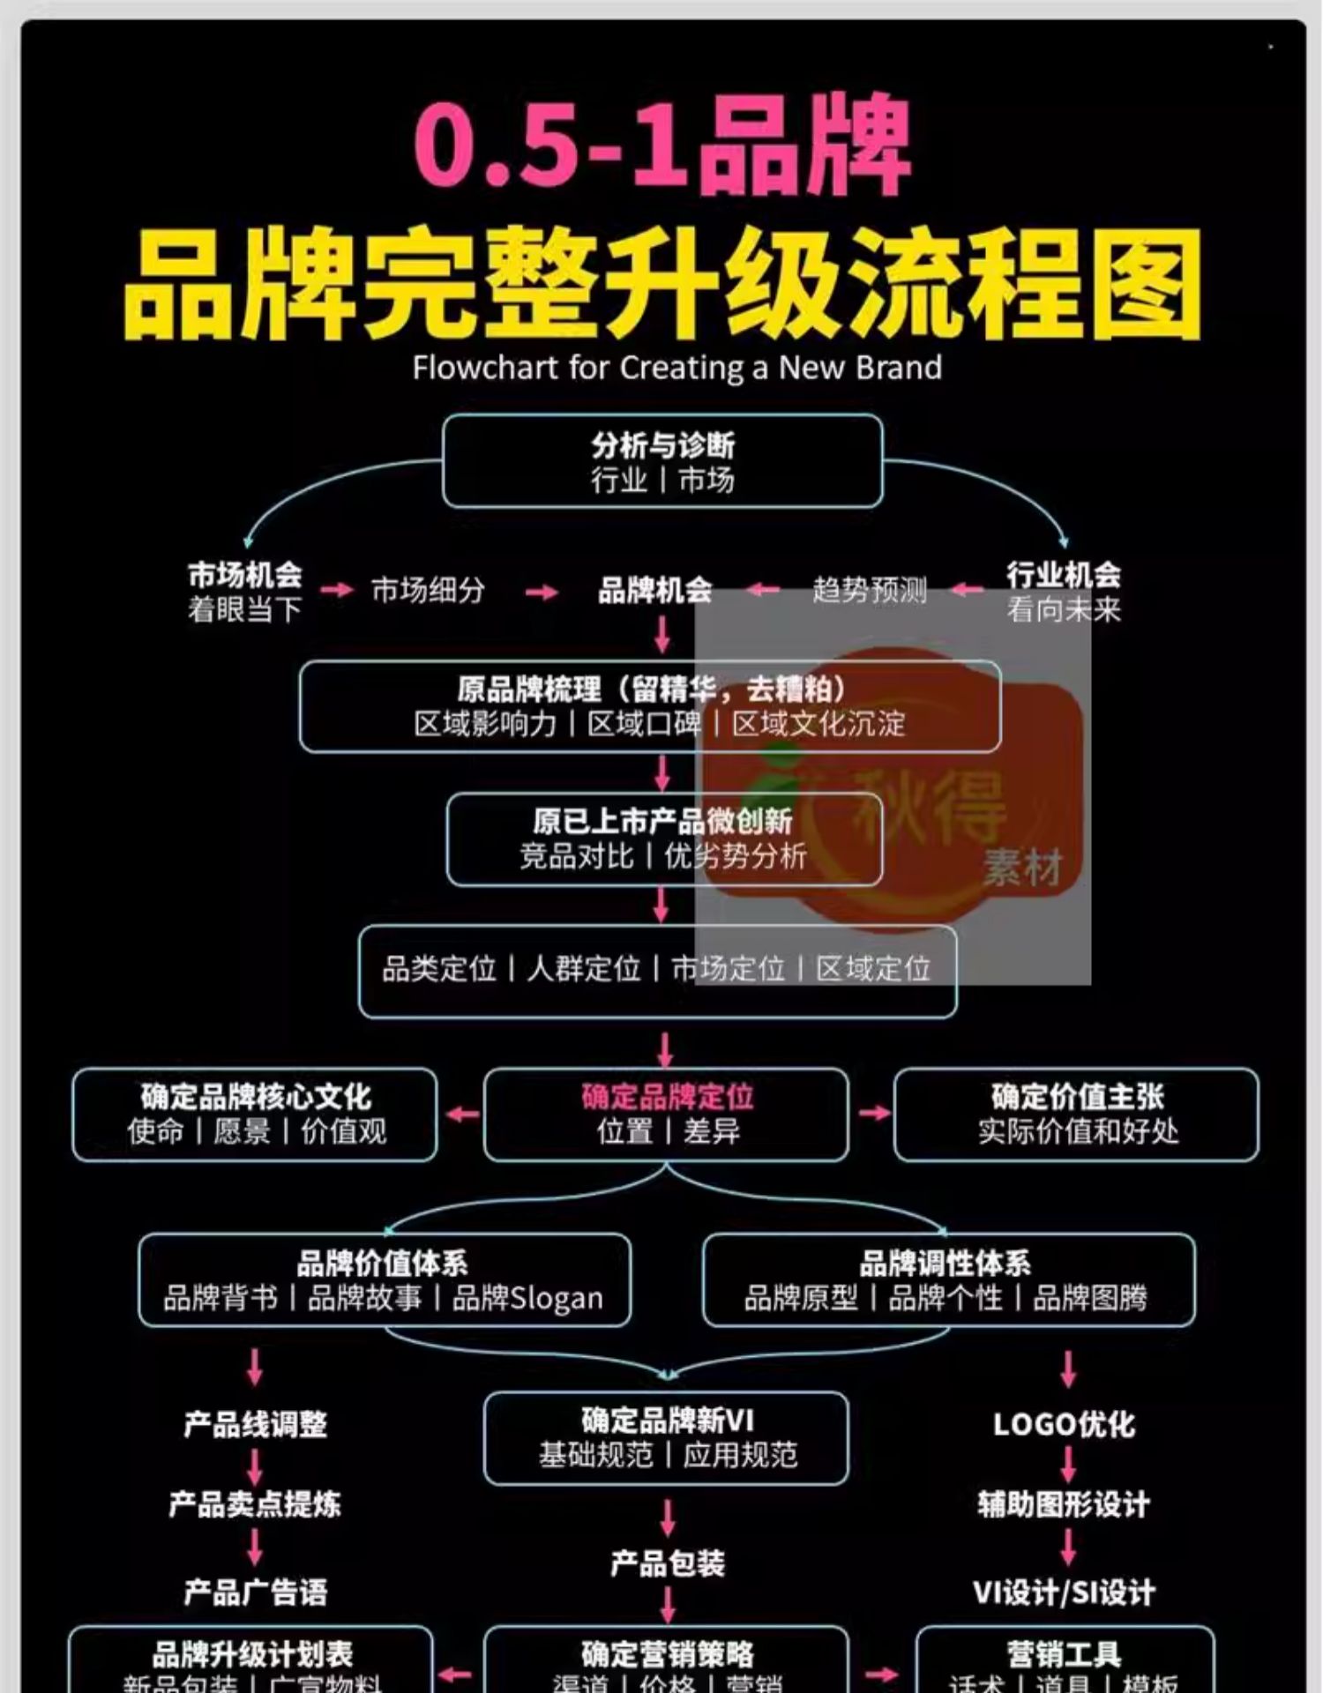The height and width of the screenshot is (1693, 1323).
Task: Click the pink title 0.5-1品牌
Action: point(661,145)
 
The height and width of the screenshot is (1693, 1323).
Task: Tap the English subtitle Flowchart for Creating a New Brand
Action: point(676,368)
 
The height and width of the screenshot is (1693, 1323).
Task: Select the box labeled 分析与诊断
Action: point(662,461)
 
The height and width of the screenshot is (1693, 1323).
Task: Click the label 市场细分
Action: point(428,590)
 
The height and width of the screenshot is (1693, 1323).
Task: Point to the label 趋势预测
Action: point(870,590)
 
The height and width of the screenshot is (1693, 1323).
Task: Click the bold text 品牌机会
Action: point(654,590)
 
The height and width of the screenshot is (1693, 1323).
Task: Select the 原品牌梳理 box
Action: point(650,705)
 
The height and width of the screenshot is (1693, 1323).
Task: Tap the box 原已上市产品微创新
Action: point(664,839)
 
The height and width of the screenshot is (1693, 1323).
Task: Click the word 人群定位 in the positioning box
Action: point(584,969)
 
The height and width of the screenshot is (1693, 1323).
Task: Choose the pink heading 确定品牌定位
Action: point(667,1097)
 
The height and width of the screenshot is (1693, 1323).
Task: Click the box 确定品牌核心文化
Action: point(255,1114)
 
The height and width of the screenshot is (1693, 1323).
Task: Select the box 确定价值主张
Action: point(1076,1114)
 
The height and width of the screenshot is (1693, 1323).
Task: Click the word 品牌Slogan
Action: point(527,1299)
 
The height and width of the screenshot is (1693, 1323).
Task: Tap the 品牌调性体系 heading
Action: point(945,1264)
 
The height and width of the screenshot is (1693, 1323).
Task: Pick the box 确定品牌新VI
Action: point(666,1437)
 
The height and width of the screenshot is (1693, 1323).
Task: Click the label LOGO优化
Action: point(1064,1425)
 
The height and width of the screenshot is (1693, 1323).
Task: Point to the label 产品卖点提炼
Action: point(255,1504)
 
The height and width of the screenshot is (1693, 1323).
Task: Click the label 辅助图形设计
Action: point(1064,1504)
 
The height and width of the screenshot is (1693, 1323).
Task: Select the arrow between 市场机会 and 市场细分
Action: point(336,590)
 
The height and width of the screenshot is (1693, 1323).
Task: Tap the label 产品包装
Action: point(668,1563)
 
